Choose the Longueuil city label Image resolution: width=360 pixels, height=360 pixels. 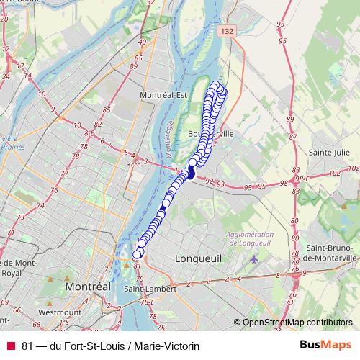pos(196,258)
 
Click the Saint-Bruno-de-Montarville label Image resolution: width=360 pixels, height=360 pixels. pos(331,253)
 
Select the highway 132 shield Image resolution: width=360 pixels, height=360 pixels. pos(228,31)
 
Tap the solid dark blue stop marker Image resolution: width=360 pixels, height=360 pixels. pos(192,173)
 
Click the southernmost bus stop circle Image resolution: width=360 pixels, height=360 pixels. pos(138,253)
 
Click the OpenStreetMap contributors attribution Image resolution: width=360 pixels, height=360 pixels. pos(297,323)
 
